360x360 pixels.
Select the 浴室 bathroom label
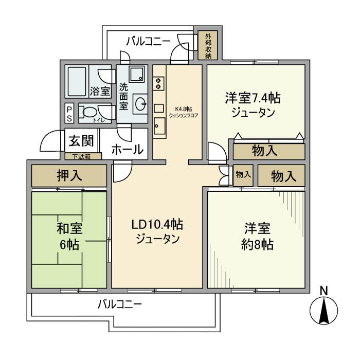coord(100,92)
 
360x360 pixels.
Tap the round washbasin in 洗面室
coord(140,104)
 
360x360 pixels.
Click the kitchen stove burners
coord(159,82)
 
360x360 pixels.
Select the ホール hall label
coord(127,150)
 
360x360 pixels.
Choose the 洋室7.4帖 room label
coord(256,105)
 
